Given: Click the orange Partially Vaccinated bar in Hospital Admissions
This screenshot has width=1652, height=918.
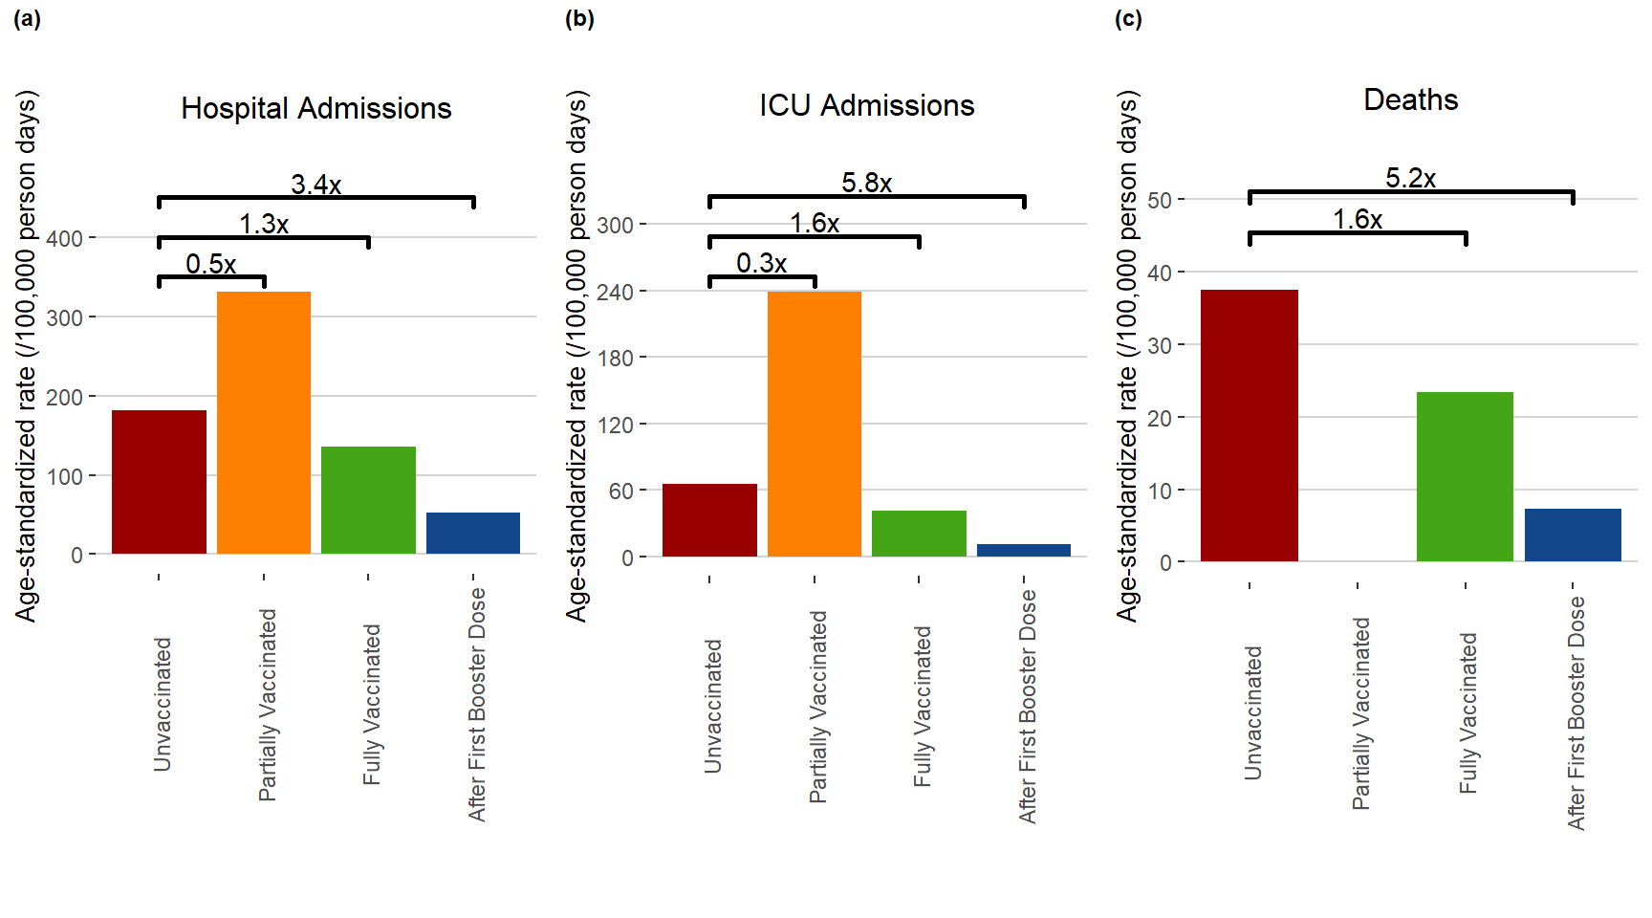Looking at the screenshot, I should tap(264, 422).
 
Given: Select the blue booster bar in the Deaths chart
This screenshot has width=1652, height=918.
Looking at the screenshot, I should tap(1573, 535).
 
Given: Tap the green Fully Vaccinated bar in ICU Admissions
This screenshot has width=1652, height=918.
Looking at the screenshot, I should tap(919, 533).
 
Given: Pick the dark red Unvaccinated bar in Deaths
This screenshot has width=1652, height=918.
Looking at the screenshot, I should tap(1250, 425).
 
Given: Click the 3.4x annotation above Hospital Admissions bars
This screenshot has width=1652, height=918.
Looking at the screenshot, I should tap(316, 184).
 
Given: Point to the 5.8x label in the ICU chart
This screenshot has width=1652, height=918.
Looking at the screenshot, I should tap(867, 182).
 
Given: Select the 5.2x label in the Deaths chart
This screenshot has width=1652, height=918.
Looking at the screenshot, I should tap(1411, 178).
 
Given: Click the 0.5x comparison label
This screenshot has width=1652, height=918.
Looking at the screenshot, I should tap(211, 264).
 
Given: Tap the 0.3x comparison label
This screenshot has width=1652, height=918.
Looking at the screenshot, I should tap(762, 263).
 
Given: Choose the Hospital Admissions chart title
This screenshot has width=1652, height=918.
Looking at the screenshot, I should tap(316, 108).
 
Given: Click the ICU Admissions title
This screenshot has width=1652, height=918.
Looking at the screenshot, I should tap(867, 105).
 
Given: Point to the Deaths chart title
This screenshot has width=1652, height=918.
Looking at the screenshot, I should tap(1411, 99).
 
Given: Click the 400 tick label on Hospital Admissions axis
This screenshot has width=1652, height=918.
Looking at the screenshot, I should tap(65, 238).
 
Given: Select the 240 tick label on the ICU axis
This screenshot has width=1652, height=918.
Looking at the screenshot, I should tap(615, 292).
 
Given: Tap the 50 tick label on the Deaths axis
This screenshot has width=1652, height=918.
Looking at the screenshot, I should tap(1160, 201).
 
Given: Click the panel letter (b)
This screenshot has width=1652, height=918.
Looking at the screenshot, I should tap(579, 18).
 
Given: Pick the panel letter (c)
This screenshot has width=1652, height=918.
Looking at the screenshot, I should tap(1128, 18).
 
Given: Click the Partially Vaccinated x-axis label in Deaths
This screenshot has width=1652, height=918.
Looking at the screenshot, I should tap(1360, 713).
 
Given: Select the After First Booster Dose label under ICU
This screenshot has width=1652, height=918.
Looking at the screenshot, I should tap(1028, 706).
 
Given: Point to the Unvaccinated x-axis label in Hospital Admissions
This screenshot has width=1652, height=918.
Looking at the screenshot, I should tap(163, 704).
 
